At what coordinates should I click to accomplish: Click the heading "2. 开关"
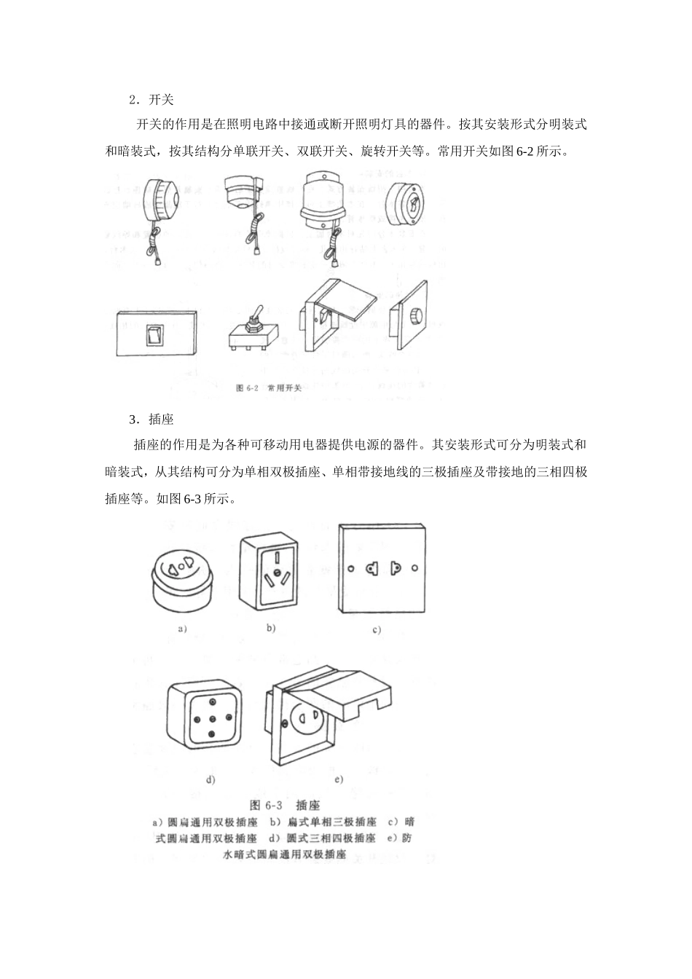[x=151, y=99]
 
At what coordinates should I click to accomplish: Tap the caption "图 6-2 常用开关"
[x=269, y=388]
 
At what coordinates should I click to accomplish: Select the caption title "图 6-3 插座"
[x=285, y=806]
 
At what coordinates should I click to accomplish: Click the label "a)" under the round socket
[x=182, y=629]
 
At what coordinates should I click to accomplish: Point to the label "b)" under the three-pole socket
[x=270, y=627]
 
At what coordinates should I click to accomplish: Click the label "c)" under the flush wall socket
[x=377, y=630]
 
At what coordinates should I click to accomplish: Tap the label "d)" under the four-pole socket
[x=211, y=780]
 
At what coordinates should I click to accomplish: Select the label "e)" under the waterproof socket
[x=338, y=779]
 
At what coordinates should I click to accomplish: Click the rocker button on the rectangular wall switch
[x=153, y=335]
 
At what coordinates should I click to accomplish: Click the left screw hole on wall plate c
[x=351, y=567]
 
